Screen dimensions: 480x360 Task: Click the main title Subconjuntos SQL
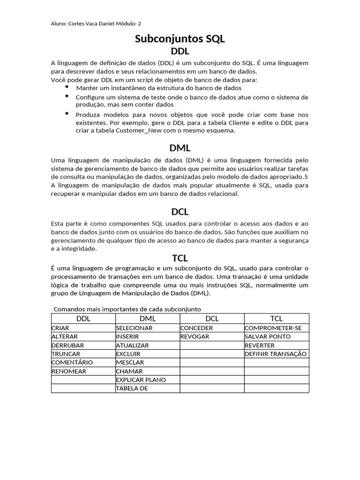tap(180, 39)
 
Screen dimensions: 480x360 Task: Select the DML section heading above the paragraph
tap(180, 148)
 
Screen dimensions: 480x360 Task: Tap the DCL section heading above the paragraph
tap(180, 212)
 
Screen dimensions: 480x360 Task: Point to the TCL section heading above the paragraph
tap(180, 257)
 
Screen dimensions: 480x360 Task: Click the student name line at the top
tap(95, 23)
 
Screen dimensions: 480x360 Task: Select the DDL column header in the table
tap(83, 319)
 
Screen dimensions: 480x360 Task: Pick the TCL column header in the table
tap(277, 319)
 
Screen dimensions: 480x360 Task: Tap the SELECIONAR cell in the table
tap(134, 328)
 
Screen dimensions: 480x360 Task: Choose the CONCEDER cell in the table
tap(196, 328)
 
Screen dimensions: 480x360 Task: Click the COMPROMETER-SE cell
tap(273, 328)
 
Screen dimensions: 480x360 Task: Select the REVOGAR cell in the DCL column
tap(195, 337)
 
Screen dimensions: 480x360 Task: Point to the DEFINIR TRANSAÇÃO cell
tap(276, 354)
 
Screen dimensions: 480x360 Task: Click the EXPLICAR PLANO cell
tap(141, 380)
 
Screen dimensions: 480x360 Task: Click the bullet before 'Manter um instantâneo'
tap(67, 87)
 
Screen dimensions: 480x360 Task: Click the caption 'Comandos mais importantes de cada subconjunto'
tap(127, 309)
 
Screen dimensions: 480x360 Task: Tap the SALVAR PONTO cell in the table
tap(268, 337)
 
